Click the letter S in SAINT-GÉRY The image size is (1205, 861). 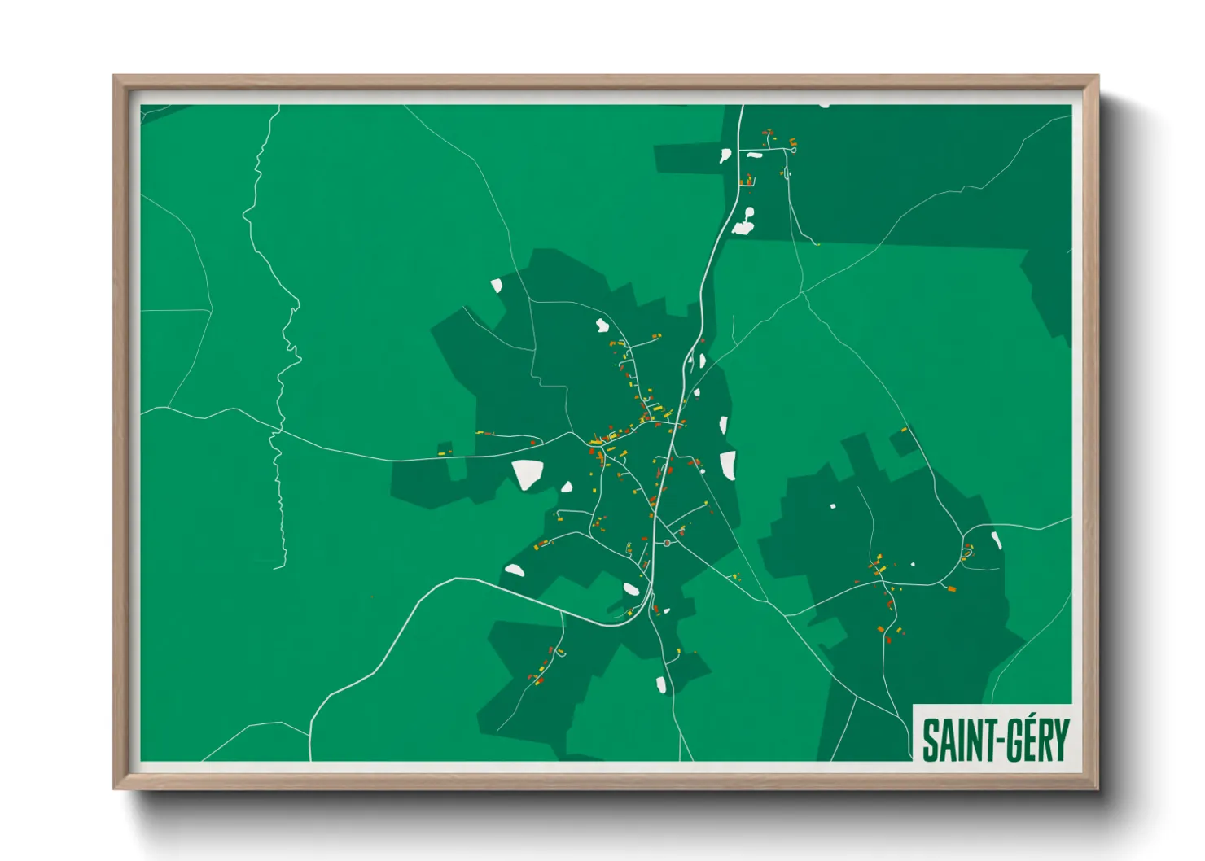coord(931,741)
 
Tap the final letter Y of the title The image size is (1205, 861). coord(1059,741)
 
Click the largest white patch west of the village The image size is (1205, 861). coord(527,474)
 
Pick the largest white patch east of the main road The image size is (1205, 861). coord(728,465)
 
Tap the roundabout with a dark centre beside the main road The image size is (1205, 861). coord(667,543)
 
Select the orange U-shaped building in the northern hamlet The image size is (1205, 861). coord(792,146)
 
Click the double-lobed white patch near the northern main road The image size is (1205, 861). coord(744,221)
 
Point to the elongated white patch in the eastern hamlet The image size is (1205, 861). coord(996,541)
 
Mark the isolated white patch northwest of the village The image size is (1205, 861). coord(496,286)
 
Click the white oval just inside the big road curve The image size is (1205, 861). coord(631,588)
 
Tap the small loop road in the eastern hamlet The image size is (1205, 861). coord(967,553)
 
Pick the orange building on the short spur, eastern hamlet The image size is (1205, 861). coord(951,588)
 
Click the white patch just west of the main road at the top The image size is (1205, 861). coord(725,155)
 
